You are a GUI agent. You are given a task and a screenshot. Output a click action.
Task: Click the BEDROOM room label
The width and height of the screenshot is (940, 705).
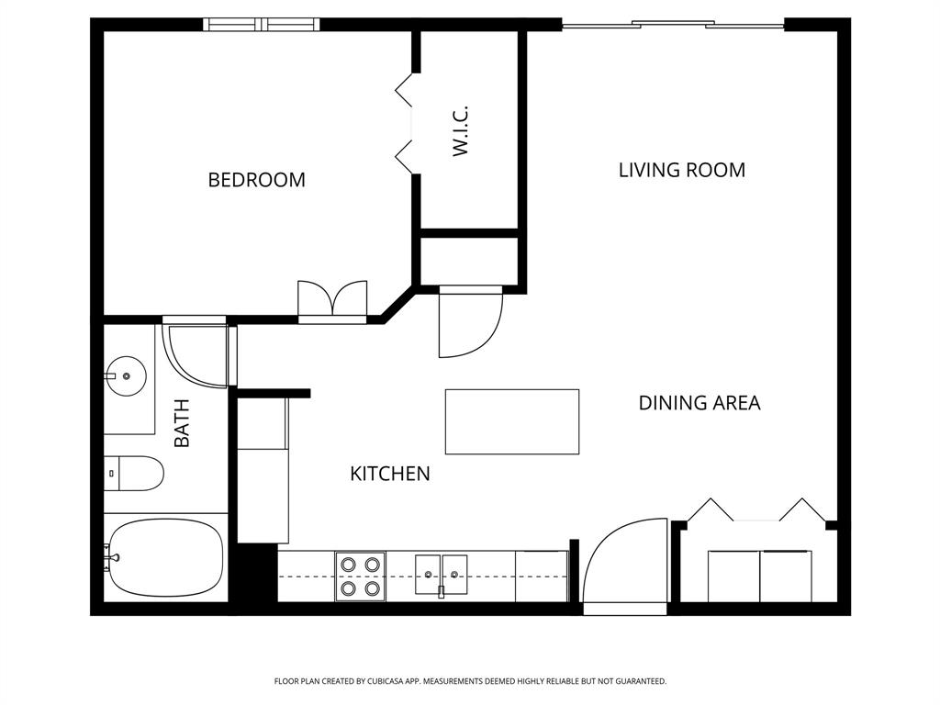[256, 180]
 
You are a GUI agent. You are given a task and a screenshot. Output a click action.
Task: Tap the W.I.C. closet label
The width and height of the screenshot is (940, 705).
[461, 130]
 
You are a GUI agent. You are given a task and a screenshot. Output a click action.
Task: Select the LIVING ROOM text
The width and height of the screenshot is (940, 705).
[681, 170]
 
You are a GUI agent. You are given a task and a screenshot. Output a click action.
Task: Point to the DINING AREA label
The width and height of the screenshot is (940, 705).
[699, 403]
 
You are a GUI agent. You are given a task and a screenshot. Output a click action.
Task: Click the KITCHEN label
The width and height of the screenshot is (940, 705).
[390, 474]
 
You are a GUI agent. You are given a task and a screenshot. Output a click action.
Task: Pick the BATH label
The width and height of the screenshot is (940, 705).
[182, 422]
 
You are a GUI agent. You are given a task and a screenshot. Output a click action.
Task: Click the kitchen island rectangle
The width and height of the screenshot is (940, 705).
[511, 421]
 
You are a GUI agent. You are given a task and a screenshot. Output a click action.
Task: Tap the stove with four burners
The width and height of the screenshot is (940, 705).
[360, 576]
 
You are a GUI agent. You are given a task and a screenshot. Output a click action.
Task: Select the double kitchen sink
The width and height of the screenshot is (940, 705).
[441, 576]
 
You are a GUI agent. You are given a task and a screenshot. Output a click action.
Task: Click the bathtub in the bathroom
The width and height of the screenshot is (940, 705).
[165, 559]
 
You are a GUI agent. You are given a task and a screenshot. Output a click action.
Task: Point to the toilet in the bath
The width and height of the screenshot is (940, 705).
[134, 473]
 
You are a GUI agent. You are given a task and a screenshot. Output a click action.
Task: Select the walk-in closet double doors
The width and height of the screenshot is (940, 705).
[405, 123]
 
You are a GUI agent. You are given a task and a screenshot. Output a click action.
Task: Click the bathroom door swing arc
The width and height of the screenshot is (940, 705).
[196, 354]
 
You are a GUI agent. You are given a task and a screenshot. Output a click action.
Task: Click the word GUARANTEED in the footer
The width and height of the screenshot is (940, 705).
[636, 681]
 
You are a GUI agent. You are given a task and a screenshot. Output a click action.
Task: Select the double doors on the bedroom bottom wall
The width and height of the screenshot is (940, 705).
[332, 301]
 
